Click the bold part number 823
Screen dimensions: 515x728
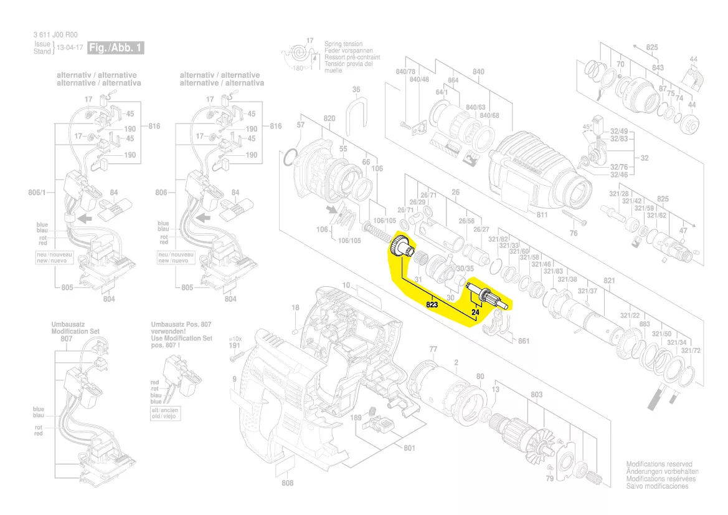coord(433,305)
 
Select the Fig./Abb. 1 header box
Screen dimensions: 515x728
coord(116,48)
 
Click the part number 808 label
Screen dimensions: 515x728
coord(287,484)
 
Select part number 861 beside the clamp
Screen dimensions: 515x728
coord(524,340)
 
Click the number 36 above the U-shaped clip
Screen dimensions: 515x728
coord(356,90)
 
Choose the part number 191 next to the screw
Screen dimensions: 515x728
coord(234,345)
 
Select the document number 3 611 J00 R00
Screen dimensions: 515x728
coord(56,36)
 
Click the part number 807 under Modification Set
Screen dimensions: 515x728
coord(66,339)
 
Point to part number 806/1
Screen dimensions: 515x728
coord(38,193)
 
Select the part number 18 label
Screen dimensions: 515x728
coord(295,307)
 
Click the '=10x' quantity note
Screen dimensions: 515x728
coord(234,337)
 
